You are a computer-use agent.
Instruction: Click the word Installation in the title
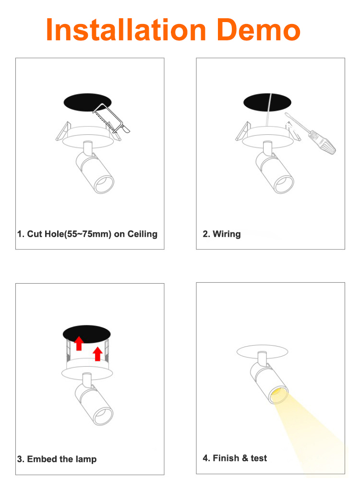click(126, 30)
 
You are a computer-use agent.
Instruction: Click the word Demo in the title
click(259, 30)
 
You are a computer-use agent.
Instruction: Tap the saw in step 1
click(111, 119)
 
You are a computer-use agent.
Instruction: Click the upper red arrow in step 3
click(79, 343)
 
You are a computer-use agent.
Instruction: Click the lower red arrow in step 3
click(97, 354)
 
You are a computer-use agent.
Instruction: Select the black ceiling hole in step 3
click(86, 334)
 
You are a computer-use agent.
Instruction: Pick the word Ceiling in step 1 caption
click(143, 234)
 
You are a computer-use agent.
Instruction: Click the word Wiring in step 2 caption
click(227, 234)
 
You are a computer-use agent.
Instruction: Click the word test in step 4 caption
click(259, 458)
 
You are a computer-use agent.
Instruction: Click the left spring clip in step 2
click(243, 132)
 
